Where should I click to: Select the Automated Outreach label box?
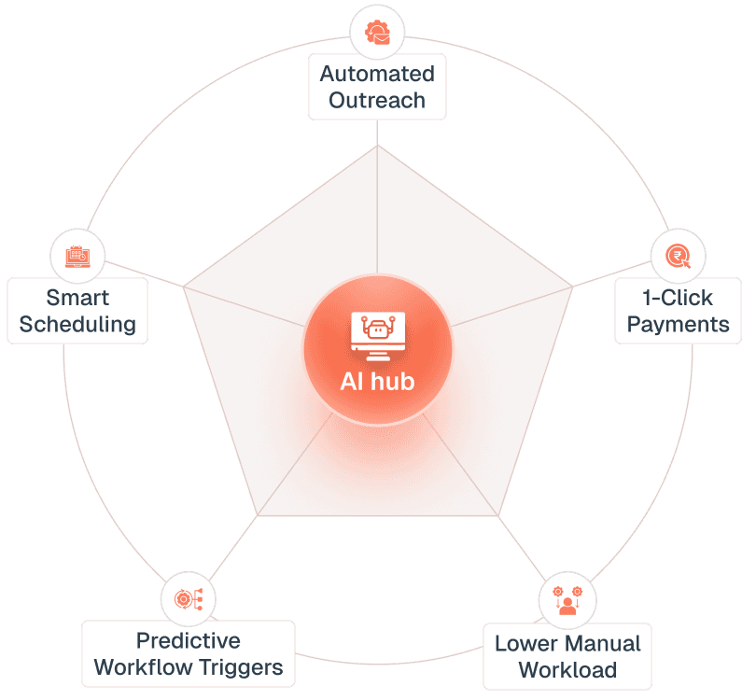click(x=377, y=87)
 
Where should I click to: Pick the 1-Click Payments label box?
click(x=678, y=312)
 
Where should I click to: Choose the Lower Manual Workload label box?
click(x=567, y=657)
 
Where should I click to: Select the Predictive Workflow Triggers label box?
click(x=189, y=654)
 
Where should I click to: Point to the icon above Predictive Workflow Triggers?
click(x=189, y=598)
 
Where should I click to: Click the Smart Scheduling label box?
click(x=77, y=311)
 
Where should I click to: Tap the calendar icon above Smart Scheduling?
click(x=77, y=255)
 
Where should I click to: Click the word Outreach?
click(x=377, y=100)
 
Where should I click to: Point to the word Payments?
click(x=678, y=325)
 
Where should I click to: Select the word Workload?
click(x=567, y=670)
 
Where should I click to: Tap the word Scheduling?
click(x=77, y=325)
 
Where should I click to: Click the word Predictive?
click(x=189, y=641)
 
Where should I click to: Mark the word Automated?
click(x=377, y=74)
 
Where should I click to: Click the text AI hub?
click(x=377, y=382)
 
